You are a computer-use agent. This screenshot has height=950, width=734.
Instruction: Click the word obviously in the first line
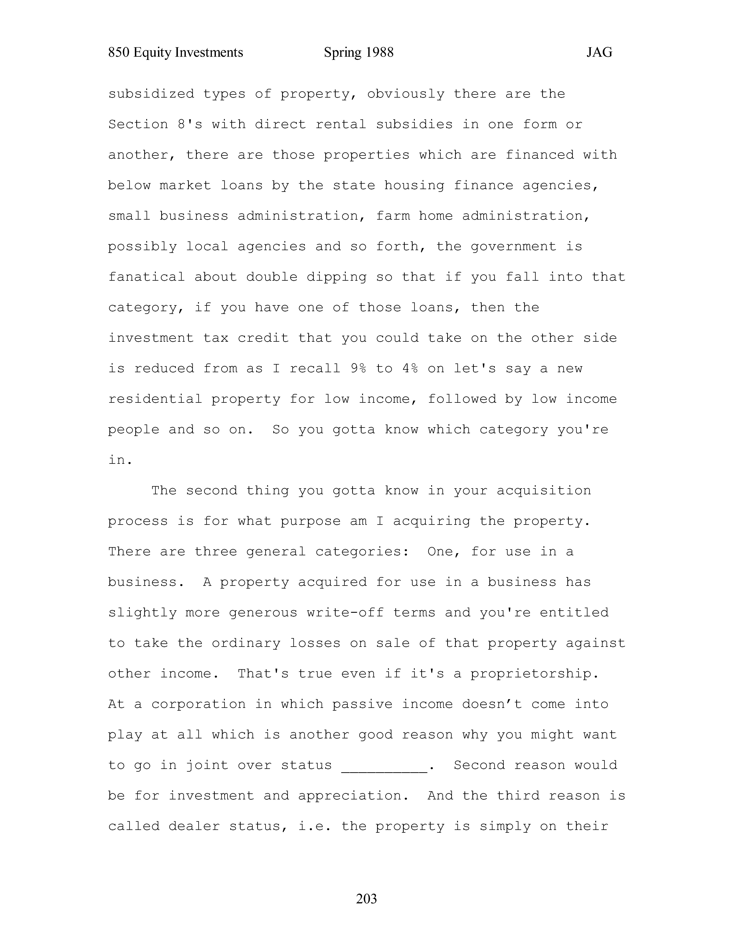(x=406, y=94)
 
